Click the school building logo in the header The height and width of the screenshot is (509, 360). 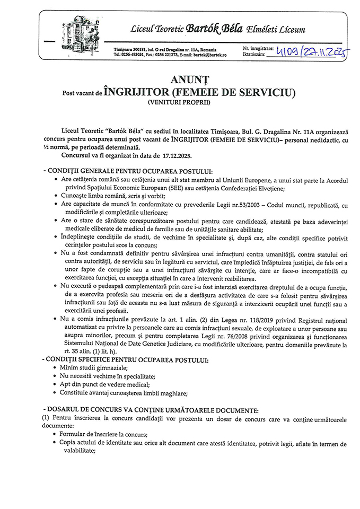[x=80, y=33]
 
